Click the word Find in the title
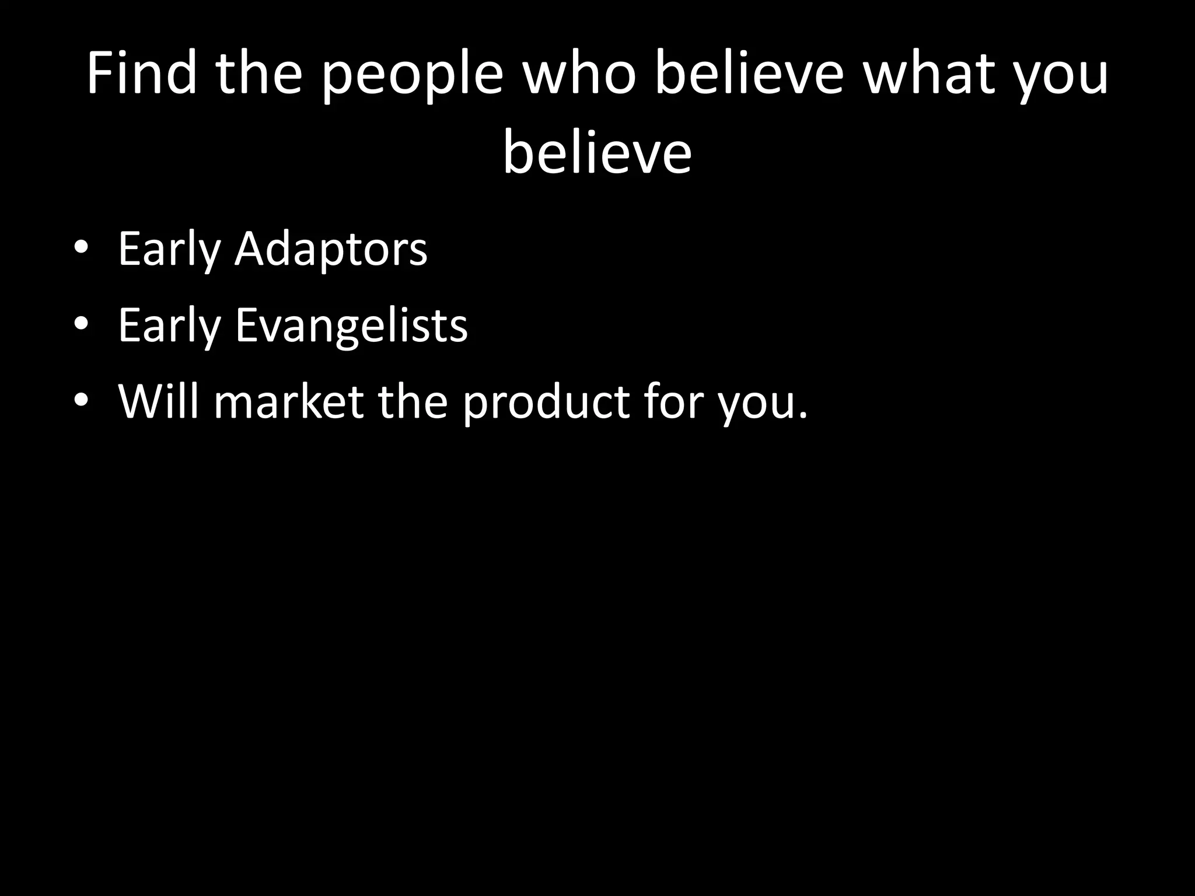tap(142, 74)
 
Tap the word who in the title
tap(579, 74)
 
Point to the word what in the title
tap(929, 74)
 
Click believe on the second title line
tap(597, 153)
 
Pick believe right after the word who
tap(749, 74)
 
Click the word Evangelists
tap(351, 327)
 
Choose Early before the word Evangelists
tap(169, 327)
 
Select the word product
tap(546, 402)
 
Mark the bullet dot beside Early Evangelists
tap(81, 324)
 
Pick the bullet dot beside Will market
tap(81, 400)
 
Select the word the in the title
tap(258, 74)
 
